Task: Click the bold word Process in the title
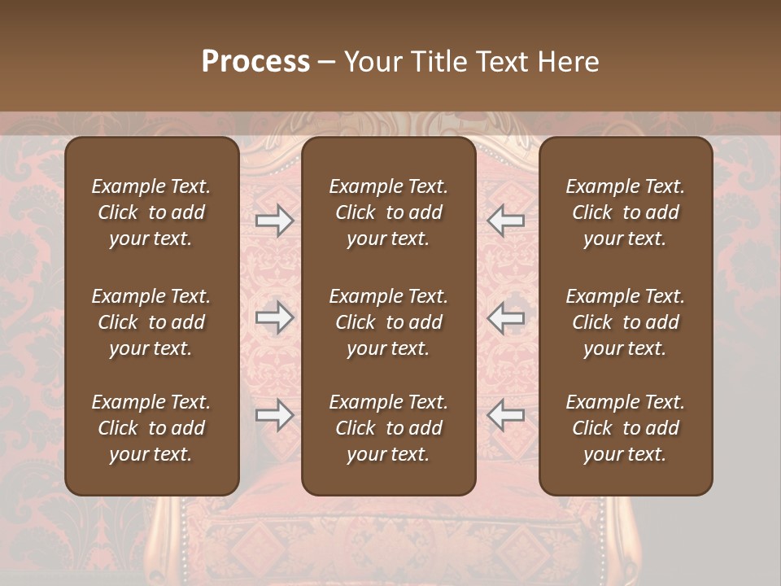point(255,62)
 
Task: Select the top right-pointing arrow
point(275,221)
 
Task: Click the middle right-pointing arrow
point(275,317)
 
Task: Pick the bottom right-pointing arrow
point(275,415)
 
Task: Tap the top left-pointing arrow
point(505,221)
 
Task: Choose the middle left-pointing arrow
point(505,317)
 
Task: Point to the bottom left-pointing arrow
point(505,415)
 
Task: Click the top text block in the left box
point(151,212)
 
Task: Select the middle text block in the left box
point(151,322)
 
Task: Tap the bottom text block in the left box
point(151,428)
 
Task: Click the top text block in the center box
point(388,212)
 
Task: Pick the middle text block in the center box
point(388,322)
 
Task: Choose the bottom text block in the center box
point(388,428)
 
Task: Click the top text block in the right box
point(625,212)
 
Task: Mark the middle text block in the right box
point(625,322)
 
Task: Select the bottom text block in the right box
point(625,428)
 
